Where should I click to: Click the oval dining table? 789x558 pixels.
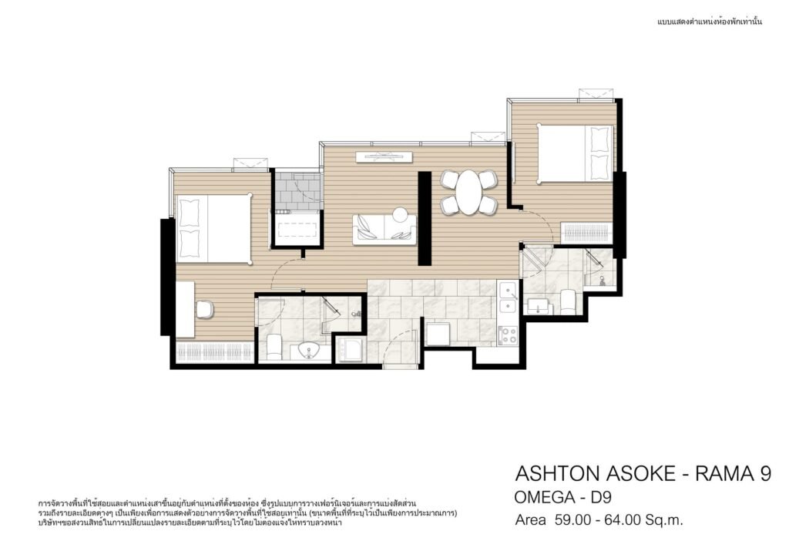coord(468,192)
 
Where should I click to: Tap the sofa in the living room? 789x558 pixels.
coord(384,229)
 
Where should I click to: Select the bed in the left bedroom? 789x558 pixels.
coord(213,228)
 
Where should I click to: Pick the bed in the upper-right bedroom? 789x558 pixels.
coord(575,153)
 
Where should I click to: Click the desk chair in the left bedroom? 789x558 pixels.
coord(205,309)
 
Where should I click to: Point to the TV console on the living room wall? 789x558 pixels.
coord(384,157)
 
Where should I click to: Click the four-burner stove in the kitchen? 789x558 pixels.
coord(508,335)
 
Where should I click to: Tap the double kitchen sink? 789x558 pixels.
coord(509,298)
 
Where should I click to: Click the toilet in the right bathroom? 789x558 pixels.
coord(568,301)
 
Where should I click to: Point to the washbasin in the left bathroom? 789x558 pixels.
coord(307,351)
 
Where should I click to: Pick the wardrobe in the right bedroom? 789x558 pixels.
coord(586,234)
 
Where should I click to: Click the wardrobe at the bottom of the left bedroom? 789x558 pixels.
coord(215,351)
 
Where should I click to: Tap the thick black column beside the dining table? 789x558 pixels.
coord(425,218)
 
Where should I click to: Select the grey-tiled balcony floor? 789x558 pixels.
coord(297,192)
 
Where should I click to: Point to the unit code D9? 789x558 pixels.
coord(601,498)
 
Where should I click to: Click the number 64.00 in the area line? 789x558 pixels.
coord(618,519)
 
